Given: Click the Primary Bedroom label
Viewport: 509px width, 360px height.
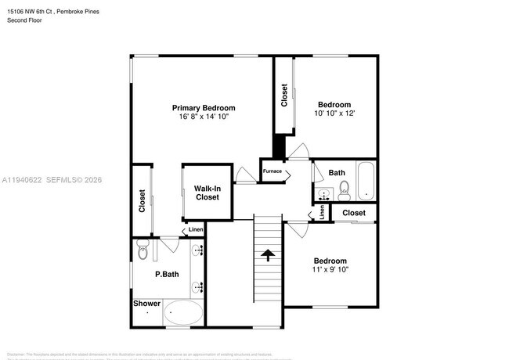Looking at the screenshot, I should (204, 108).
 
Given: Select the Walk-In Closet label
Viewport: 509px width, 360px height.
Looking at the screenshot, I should (207, 193).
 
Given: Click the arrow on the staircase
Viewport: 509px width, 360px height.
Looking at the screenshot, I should (268, 255).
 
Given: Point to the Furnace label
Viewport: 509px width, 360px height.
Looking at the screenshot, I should (272, 171).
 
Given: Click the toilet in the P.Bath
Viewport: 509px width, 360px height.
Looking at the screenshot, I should (142, 251).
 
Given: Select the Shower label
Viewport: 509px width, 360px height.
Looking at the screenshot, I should (146, 303).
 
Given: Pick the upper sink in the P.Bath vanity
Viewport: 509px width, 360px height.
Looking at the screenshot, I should (197, 251).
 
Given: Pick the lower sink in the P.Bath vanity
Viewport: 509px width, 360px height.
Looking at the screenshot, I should (197, 286).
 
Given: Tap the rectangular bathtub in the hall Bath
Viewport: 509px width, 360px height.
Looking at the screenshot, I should (366, 181).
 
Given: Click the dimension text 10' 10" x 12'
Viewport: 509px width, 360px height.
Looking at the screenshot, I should (336, 113).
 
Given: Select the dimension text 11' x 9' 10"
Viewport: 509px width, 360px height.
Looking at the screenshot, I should (330, 270).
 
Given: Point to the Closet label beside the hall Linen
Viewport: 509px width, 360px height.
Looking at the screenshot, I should (353, 213).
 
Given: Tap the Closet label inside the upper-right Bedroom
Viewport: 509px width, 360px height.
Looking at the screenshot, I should (284, 95).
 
